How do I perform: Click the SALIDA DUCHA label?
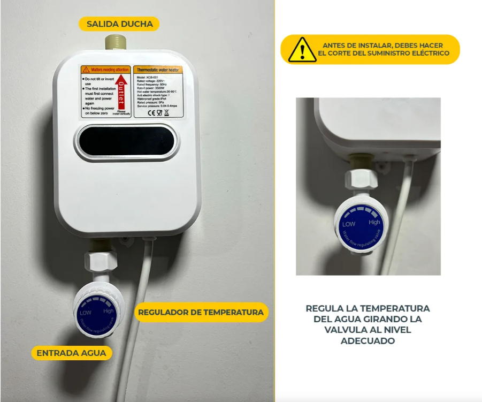click(119, 24)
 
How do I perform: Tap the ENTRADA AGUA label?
click(72, 353)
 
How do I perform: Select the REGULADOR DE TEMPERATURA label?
click(201, 312)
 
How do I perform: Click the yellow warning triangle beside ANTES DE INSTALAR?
click(302, 50)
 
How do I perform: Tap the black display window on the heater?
click(126, 141)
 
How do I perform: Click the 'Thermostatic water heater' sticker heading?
click(158, 70)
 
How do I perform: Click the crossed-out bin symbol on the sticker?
click(166, 113)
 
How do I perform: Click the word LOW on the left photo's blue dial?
click(86, 312)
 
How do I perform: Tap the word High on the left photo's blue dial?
click(109, 310)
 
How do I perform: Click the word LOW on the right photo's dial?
click(349, 224)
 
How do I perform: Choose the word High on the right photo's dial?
click(374, 222)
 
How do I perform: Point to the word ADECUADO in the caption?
click(368, 340)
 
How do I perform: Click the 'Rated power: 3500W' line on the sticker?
click(155, 87)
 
